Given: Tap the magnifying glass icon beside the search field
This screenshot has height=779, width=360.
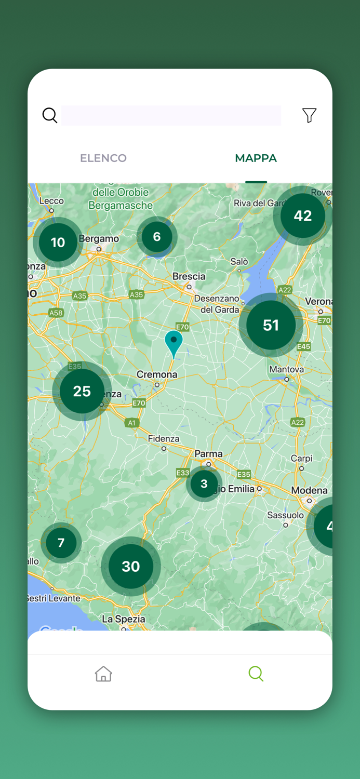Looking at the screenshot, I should (50, 115).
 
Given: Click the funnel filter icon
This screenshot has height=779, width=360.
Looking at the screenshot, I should (309, 115).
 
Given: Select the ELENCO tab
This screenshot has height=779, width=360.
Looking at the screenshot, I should (103, 158).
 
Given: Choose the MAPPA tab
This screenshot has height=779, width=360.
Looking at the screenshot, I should (256, 158).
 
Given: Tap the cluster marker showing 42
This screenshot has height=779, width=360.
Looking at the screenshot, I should (303, 216).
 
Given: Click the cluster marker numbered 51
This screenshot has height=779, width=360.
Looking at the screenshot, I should (271, 325).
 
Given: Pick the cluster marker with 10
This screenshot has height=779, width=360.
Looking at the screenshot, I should (58, 242).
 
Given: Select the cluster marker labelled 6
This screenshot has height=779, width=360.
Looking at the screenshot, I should (157, 237).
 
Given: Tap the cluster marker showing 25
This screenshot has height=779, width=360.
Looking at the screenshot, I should (82, 391).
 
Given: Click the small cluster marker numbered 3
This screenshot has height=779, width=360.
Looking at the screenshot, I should (204, 483).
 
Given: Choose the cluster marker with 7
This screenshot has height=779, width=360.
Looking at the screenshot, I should (61, 543).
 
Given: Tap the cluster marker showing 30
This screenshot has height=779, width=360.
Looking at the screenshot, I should (131, 566).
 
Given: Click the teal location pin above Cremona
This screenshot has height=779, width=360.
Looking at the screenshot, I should (174, 342).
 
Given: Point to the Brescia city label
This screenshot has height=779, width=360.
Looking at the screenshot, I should (189, 276).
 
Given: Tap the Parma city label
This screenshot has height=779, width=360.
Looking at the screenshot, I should (208, 454).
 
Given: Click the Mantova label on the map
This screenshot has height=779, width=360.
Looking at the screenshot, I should (286, 369).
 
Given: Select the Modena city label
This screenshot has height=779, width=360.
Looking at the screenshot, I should (309, 490).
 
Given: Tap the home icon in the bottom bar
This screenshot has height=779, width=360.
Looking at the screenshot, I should (103, 674).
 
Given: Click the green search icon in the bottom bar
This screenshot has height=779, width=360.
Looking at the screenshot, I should (256, 674).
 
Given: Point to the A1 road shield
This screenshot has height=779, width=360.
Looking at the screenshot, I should (131, 423).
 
